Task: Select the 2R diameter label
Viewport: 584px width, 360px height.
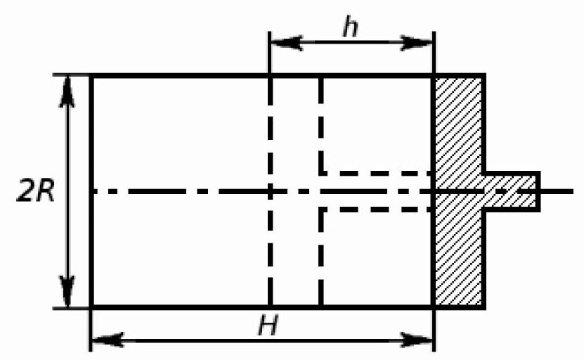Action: [x=36, y=192]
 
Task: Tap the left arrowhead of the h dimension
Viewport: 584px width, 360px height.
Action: [x=286, y=43]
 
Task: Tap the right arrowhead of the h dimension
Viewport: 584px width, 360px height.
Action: [x=417, y=43]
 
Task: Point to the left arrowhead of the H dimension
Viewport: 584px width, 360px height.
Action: [x=108, y=340]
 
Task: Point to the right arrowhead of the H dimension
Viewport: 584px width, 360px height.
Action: [x=417, y=340]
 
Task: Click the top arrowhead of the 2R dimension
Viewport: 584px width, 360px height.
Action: [x=67, y=91]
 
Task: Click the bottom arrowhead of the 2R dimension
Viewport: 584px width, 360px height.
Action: [x=67, y=292]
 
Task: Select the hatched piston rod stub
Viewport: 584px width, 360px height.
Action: [x=512, y=191]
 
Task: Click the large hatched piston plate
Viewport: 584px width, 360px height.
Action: [x=459, y=191]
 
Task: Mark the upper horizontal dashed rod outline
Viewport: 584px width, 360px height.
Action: [x=376, y=173]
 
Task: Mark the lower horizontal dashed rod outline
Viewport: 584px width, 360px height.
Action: [x=376, y=210]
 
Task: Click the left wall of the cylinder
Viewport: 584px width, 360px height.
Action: [x=91, y=191]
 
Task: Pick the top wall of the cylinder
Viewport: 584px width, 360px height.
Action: [x=262, y=76]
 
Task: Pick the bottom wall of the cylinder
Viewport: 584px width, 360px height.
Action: [x=262, y=307]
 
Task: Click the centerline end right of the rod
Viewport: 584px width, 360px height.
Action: [x=573, y=191]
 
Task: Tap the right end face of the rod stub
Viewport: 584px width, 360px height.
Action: [x=538, y=191]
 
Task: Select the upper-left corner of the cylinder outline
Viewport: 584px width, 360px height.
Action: [x=91, y=76]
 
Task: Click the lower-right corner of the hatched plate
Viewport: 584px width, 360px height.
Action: [x=484, y=307]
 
